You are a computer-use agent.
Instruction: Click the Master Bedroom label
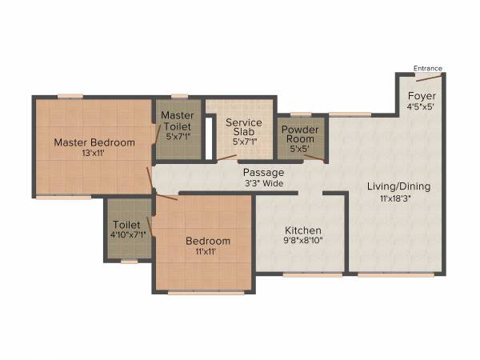pyautogui.click(x=94, y=142)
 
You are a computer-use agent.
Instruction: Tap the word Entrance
pyautogui.click(x=427, y=69)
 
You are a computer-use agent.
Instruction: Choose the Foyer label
pyautogui.click(x=422, y=95)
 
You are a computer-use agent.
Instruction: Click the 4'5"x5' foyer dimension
pyautogui.click(x=422, y=106)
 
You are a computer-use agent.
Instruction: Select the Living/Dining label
pyautogui.click(x=398, y=186)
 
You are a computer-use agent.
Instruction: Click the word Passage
pyautogui.click(x=264, y=172)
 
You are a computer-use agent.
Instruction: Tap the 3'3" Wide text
pyautogui.click(x=264, y=182)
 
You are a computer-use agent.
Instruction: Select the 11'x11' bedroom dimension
pyautogui.click(x=208, y=251)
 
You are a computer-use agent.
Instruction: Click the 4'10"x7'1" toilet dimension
pyautogui.click(x=128, y=235)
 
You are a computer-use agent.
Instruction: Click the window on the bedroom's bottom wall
pyautogui.click(x=206, y=292)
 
